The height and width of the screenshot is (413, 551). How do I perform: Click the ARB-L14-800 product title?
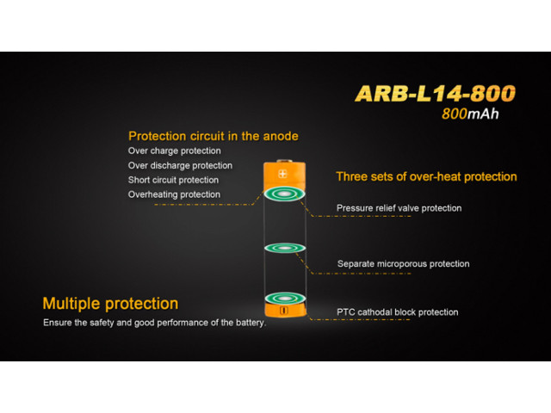435,94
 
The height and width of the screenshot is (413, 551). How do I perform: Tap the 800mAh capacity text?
470,114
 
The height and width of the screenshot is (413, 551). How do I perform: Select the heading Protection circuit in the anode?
214,136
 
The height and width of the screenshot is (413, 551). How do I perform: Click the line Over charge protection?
174,151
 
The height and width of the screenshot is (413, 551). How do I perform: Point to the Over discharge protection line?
180,165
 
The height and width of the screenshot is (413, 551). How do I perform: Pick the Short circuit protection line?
173,180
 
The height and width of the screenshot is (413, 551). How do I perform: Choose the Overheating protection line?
174,194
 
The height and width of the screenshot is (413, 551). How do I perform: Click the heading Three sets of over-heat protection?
426,176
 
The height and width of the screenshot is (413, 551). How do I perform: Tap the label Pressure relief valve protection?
399,208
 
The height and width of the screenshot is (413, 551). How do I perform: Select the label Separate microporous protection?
403,264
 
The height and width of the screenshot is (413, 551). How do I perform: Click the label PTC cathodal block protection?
397,312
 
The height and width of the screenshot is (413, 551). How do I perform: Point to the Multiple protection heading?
110,304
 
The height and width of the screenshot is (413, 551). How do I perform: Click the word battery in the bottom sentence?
251,323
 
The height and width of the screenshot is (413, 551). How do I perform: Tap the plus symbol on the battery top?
282,174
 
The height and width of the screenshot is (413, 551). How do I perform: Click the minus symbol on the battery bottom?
284,311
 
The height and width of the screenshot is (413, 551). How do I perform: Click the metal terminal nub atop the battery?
284,161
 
